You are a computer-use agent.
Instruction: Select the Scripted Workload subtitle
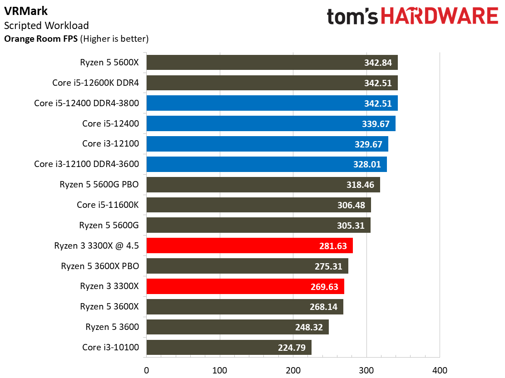pos(46,25)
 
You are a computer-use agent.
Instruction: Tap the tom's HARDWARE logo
pos(412,17)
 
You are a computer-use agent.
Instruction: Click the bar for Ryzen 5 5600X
pos(254,63)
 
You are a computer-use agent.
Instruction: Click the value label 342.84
pos(378,63)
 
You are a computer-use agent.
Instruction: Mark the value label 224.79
pos(292,348)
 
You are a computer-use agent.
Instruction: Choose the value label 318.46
pos(360,185)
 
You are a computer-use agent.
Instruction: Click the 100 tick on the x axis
pos(220,370)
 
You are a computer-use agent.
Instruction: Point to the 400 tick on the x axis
pos(439,370)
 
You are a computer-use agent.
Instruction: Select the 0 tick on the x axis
pos(146,370)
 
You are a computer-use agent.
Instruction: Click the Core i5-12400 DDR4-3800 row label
pos(86,103)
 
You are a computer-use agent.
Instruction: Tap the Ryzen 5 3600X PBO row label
pos(100,266)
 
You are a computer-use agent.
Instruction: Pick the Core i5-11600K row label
pos(108,205)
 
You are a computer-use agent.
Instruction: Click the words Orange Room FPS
pos(41,39)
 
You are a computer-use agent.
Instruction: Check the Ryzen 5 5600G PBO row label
pos(99,185)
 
